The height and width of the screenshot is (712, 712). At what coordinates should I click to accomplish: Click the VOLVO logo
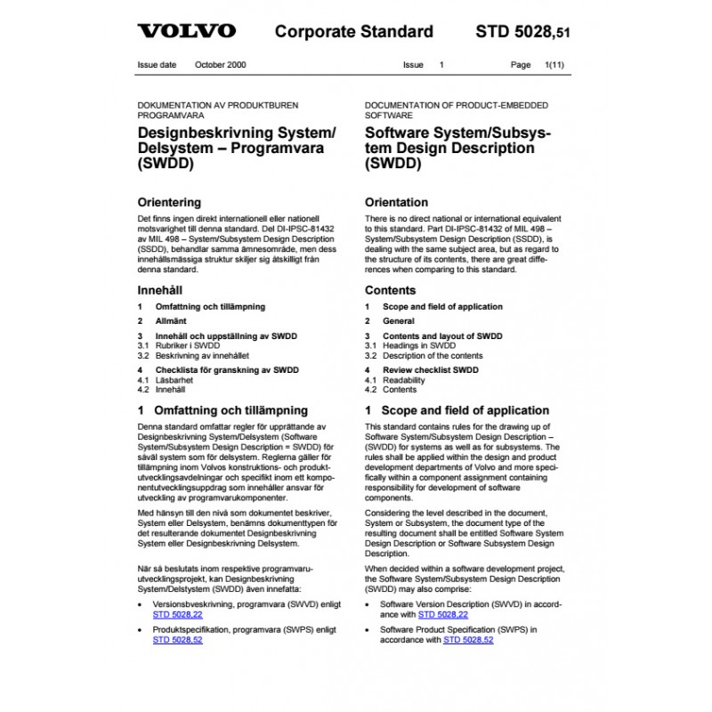(x=186, y=32)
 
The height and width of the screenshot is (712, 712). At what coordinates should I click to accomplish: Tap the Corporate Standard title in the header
(x=353, y=32)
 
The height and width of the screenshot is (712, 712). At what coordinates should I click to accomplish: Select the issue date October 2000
(x=221, y=66)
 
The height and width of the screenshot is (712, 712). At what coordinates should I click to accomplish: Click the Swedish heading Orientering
(x=169, y=202)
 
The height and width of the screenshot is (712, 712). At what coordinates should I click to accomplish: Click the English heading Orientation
(x=397, y=202)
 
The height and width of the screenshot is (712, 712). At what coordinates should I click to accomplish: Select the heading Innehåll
(x=158, y=290)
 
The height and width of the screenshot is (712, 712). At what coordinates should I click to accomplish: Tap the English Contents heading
(x=390, y=290)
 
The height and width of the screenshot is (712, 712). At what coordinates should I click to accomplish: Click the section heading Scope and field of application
(x=465, y=410)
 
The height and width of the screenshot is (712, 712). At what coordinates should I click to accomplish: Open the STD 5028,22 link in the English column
(x=443, y=614)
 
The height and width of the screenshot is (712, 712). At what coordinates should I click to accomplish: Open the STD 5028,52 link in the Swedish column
(x=178, y=639)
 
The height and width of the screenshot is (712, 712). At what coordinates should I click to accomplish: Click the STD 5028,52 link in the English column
(x=468, y=639)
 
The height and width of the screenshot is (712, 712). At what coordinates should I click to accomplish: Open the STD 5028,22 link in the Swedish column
(x=178, y=614)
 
